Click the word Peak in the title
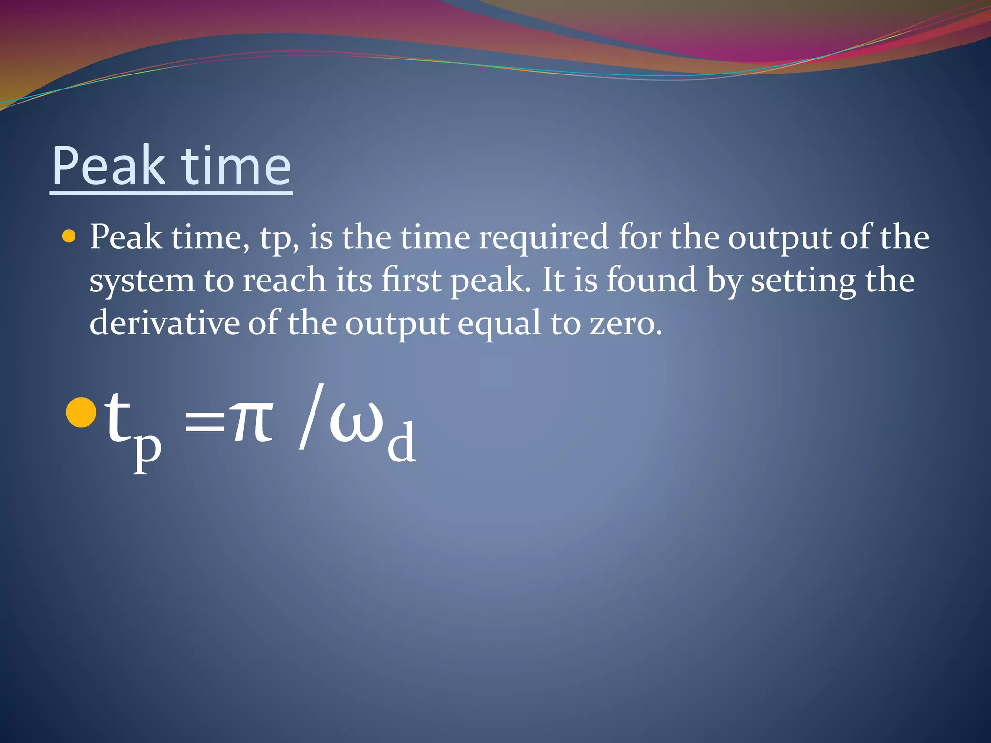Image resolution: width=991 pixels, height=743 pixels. tap(108, 166)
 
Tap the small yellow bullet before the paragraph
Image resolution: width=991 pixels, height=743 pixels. tap(69, 237)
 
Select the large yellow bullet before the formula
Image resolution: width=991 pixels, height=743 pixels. tap(81, 413)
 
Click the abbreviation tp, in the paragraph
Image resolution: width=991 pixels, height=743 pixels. tap(279, 238)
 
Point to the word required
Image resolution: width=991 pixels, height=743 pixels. tap(543, 238)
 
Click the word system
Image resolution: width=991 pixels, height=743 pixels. tap(141, 281)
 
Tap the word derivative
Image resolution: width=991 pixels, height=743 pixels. tap(165, 323)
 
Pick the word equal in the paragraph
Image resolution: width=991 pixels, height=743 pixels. tap(499, 324)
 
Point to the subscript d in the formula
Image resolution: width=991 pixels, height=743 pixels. tap(401, 441)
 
